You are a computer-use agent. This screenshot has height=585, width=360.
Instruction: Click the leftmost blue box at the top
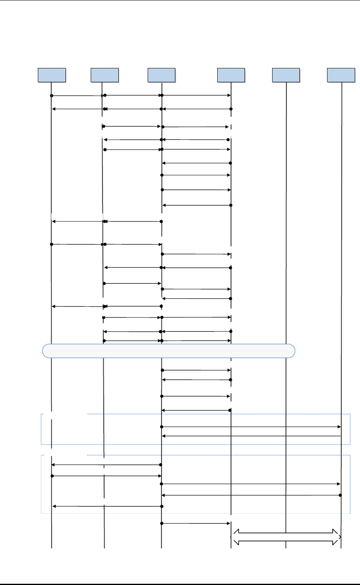(52, 75)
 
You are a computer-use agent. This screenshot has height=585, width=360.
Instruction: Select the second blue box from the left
(105, 75)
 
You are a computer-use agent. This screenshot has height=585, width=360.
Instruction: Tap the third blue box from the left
(161, 75)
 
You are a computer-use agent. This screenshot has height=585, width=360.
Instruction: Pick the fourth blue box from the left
(231, 75)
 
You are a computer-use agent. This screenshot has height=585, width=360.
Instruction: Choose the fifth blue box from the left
(286, 75)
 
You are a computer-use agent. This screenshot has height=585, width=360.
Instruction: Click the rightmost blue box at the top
(341, 75)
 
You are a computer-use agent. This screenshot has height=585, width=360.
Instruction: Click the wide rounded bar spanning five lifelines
(168, 351)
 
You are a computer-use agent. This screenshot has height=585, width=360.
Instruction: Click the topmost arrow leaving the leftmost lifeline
(76, 95)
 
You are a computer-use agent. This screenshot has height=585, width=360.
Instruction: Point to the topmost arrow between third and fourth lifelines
(196, 95)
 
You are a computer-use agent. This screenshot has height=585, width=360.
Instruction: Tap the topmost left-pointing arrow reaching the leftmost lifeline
(77, 109)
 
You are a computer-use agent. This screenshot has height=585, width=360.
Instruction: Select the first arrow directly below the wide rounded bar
(196, 370)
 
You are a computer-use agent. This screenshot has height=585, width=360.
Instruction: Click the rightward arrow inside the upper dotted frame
(251, 427)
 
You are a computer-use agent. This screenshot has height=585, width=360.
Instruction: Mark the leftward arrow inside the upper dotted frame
(251, 436)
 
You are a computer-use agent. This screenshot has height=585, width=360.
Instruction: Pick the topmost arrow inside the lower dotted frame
(107, 464)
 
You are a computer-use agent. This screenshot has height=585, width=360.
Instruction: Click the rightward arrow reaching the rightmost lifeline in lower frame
(251, 484)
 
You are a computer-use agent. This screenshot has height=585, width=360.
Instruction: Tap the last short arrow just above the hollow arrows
(196, 523)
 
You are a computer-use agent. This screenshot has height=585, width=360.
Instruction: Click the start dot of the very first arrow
(52, 95)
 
